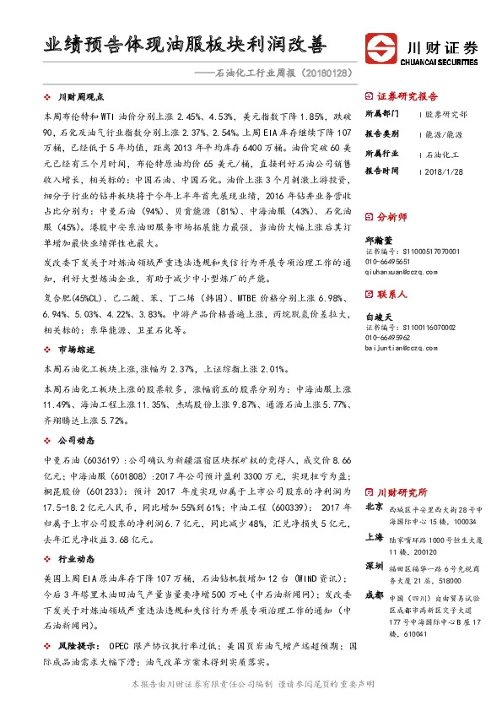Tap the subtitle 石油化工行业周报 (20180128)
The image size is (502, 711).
coord(282,73)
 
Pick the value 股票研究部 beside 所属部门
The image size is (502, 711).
coord(445,113)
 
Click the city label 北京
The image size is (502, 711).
coord(374,508)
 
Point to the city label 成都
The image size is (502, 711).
coord(374,595)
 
